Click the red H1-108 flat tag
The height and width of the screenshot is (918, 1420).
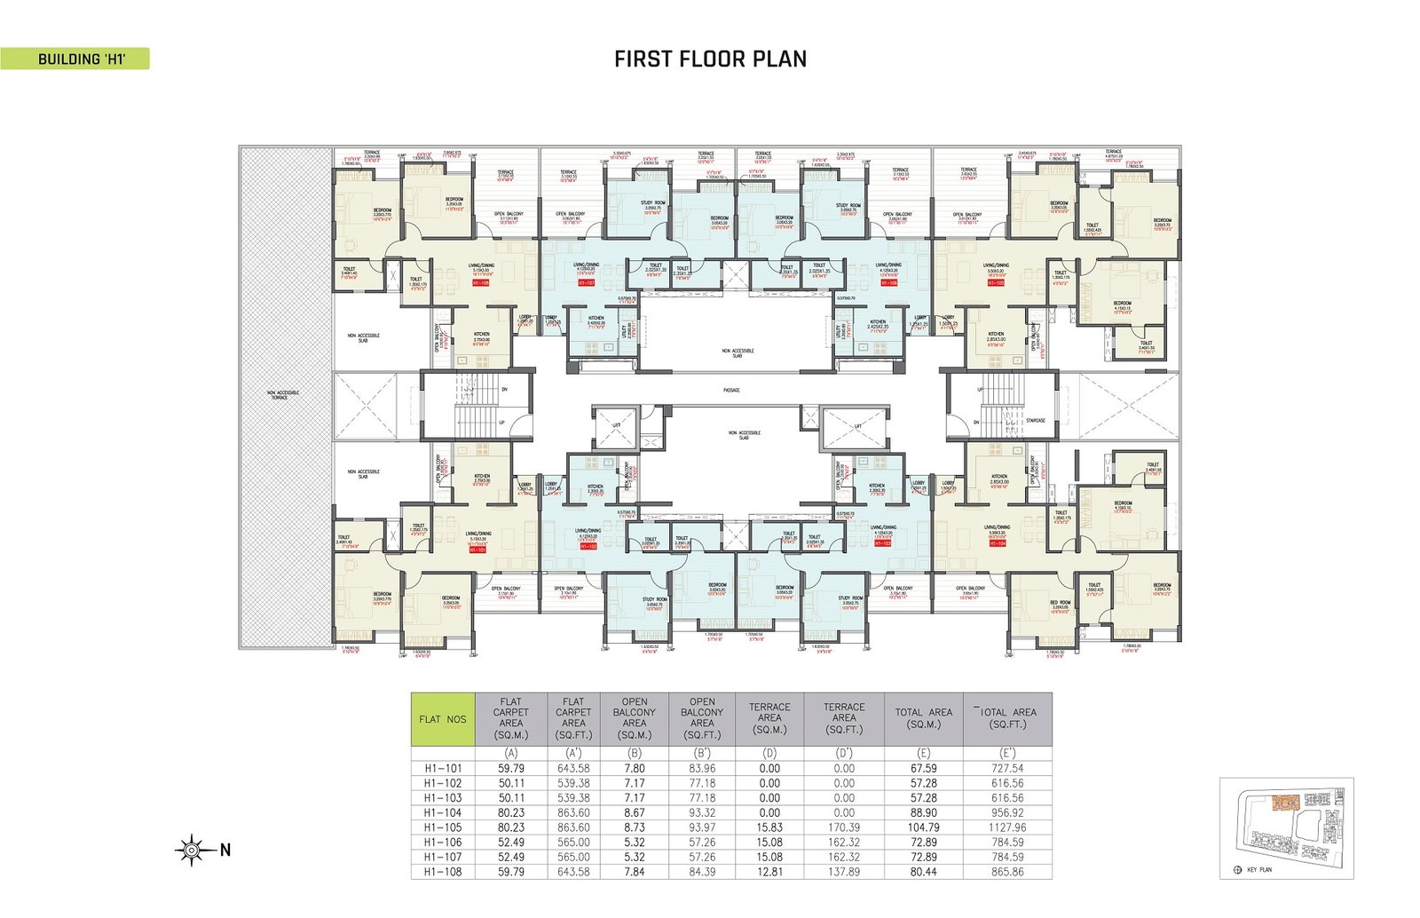480,282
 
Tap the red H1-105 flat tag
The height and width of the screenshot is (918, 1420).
995,283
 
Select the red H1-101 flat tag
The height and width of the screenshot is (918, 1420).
477,550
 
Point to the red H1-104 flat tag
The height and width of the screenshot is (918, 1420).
995,542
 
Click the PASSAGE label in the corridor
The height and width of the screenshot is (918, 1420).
731,390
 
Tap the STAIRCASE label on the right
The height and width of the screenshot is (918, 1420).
1035,420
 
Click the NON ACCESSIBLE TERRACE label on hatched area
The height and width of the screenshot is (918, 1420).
283,395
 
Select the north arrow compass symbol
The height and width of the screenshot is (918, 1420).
192,851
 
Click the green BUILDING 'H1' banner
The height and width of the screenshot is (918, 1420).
75,59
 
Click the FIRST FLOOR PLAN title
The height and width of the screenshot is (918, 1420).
710,59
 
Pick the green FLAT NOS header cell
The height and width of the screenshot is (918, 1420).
443,719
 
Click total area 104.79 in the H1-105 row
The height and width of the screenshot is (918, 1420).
923,827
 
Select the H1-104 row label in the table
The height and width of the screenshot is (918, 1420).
443,812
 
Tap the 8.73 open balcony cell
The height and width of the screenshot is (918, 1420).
634,827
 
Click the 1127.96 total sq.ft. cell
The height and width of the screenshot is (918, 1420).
1007,827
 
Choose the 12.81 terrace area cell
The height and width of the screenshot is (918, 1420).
769,872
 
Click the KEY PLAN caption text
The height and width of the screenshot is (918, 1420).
1258,870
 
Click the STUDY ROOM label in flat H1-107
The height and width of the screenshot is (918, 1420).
653,204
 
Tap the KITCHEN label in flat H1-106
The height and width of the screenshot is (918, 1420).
877,322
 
